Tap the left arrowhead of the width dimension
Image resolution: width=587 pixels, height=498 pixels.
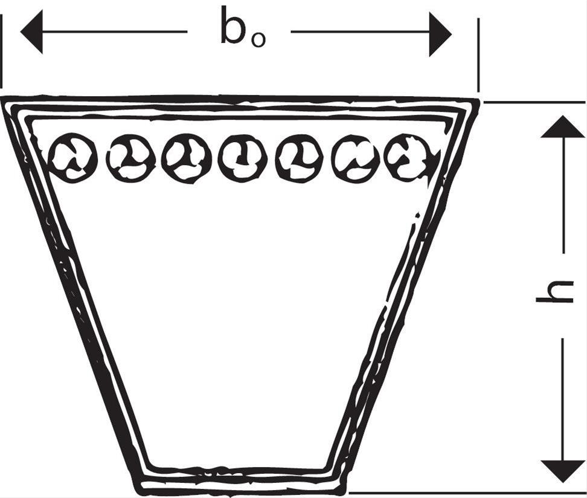[31, 31]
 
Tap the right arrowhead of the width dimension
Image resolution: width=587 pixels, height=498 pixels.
[440, 31]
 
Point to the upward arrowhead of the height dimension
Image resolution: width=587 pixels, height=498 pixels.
[562, 127]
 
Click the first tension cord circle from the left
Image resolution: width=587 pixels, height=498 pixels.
[72, 158]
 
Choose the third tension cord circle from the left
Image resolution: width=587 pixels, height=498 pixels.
[187, 158]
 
